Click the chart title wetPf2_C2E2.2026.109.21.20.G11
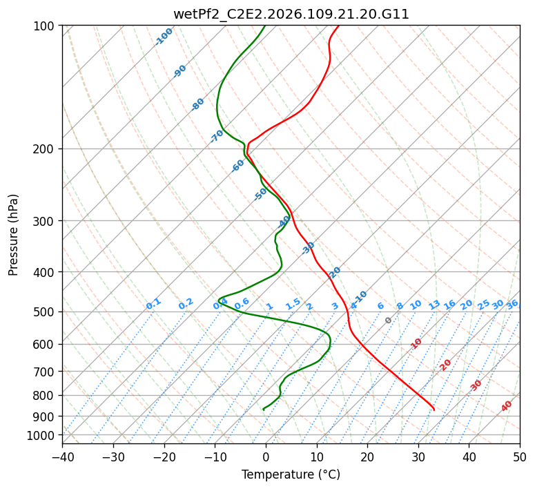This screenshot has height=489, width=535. (291, 14)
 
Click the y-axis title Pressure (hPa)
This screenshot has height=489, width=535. (14, 234)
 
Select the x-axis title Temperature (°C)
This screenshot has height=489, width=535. (291, 475)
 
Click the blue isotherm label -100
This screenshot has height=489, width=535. (164, 36)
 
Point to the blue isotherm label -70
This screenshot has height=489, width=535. (217, 136)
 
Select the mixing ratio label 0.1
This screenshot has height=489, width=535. (153, 303)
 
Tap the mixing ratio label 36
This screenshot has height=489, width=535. (512, 304)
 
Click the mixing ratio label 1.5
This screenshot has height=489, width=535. (293, 304)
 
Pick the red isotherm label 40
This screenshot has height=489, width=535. (507, 406)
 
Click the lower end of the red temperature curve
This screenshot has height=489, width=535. (434, 410)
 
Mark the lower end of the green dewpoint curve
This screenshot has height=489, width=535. (263, 410)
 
